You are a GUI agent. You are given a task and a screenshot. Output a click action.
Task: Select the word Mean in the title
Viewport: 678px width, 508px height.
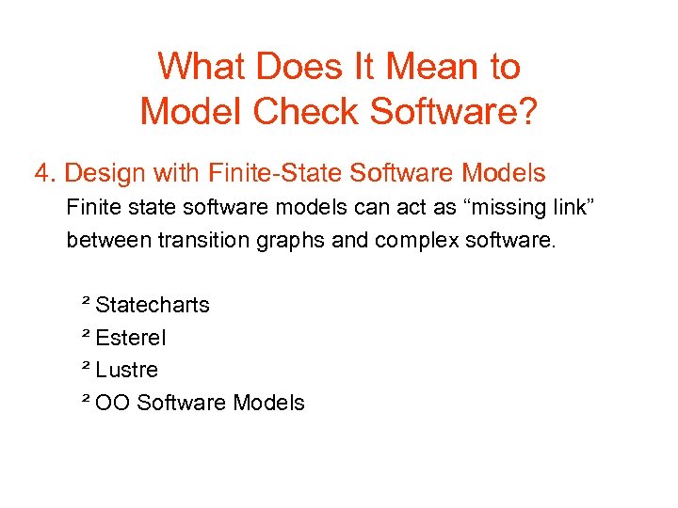[428, 67]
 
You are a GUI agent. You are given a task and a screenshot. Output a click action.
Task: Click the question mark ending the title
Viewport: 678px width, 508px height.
[527, 112]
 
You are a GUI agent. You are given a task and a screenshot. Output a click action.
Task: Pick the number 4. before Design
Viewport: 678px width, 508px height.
[46, 173]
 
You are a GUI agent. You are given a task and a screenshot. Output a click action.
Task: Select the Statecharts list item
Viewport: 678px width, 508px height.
[153, 305]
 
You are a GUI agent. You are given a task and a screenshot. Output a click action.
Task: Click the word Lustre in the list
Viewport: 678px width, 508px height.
[127, 370]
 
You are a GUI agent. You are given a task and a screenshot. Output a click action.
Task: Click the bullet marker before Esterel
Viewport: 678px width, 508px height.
[86, 334]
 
